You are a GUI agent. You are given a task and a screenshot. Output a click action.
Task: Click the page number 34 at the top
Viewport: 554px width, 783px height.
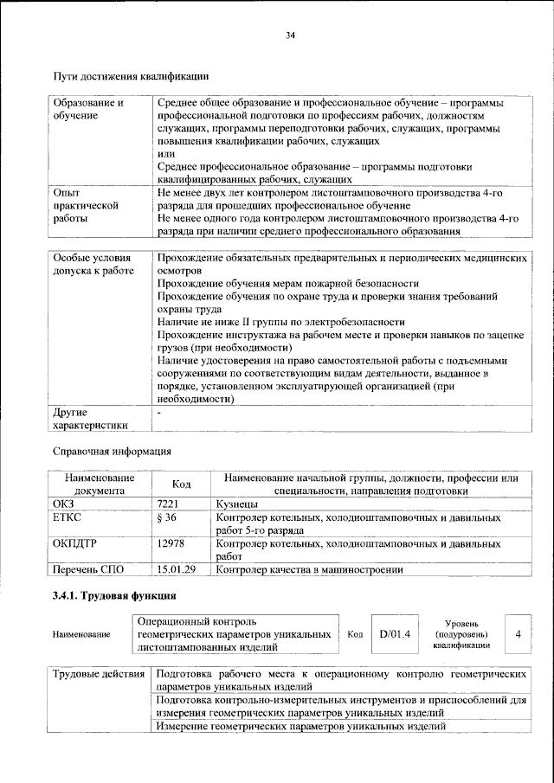click(290, 35)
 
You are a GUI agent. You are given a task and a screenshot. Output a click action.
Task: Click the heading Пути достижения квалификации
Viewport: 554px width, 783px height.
click(131, 77)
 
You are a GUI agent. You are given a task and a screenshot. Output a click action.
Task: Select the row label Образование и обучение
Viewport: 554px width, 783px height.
click(87, 108)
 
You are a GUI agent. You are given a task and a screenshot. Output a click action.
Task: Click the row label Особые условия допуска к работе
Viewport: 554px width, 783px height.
click(93, 265)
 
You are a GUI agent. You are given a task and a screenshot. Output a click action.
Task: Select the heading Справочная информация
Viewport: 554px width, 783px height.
click(113, 452)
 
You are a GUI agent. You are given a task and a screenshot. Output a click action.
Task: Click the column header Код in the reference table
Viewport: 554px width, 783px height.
click(181, 485)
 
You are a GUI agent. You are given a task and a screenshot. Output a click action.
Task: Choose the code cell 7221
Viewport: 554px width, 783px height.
click(171, 503)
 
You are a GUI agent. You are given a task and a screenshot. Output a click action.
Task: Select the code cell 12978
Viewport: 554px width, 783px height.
click(173, 543)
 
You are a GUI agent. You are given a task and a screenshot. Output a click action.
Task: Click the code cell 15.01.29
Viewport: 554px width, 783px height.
click(177, 569)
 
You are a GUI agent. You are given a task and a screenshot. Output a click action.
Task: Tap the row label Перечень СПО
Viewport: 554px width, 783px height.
click(90, 569)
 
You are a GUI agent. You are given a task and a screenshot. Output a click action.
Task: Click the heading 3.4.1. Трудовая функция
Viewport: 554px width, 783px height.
click(114, 596)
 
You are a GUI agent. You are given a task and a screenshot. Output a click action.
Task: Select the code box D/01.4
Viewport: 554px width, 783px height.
click(393, 633)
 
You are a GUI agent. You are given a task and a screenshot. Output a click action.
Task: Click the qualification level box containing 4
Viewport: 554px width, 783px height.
click(518, 633)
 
